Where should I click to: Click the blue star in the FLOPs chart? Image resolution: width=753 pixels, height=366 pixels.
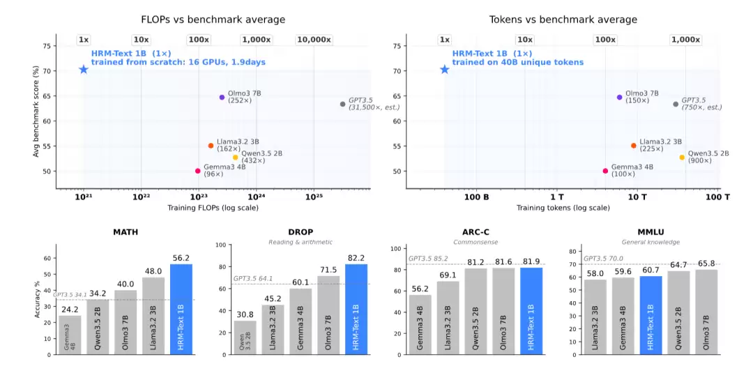coord(84,70)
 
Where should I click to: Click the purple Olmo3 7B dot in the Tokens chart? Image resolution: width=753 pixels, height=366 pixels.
coord(620,97)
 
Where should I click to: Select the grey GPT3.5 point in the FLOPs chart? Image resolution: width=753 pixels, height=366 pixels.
coord(342,105)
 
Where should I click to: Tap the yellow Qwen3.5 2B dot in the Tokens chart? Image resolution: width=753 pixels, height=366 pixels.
coord(682,157)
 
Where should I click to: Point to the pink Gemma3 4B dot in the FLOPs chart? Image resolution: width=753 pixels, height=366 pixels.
coord(197,171)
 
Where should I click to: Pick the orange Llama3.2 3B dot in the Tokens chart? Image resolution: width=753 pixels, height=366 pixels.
coord(633,146)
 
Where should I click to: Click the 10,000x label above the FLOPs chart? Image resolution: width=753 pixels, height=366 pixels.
coord(314,40)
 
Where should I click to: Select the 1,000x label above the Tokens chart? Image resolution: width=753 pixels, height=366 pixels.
coord(686,40)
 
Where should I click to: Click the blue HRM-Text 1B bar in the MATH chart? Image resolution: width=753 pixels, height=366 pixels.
coord(181,310)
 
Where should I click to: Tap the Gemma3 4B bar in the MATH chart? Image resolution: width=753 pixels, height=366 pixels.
coord(70,335)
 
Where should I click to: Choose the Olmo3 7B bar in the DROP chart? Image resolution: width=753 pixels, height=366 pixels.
coord(328,315)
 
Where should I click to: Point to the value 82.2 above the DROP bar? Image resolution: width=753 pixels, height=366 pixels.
coord(356,259)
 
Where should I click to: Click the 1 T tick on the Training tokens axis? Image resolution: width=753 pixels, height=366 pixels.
coord(557,197)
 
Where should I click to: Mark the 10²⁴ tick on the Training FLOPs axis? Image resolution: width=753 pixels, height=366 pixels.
coord(257,197)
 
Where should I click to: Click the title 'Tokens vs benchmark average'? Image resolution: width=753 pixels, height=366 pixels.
coord(563,20)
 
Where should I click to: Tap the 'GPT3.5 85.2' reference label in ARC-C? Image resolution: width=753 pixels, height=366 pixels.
coord(428,259)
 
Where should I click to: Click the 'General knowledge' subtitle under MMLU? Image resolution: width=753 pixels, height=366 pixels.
coord(651,242)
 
